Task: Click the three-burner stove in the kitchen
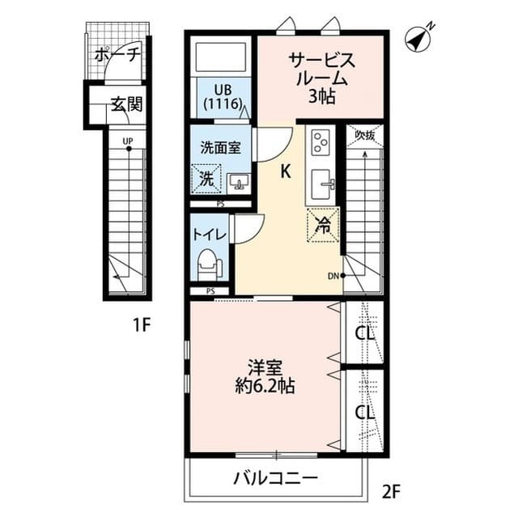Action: coord(320,143)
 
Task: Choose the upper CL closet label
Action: coord(363,333)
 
